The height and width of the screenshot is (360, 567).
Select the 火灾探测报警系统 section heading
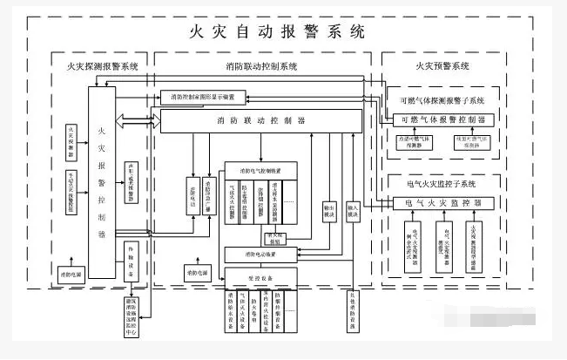(102, 66)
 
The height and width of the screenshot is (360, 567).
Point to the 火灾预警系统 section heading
(442, 66)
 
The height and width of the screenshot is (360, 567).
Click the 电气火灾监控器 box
(443, 202)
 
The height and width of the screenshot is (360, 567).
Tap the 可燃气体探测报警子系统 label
(443, 99)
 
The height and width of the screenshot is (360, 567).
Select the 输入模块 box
(353, 213)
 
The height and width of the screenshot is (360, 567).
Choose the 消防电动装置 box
(262, 254)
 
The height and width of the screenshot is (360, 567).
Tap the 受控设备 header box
(262, 275)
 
